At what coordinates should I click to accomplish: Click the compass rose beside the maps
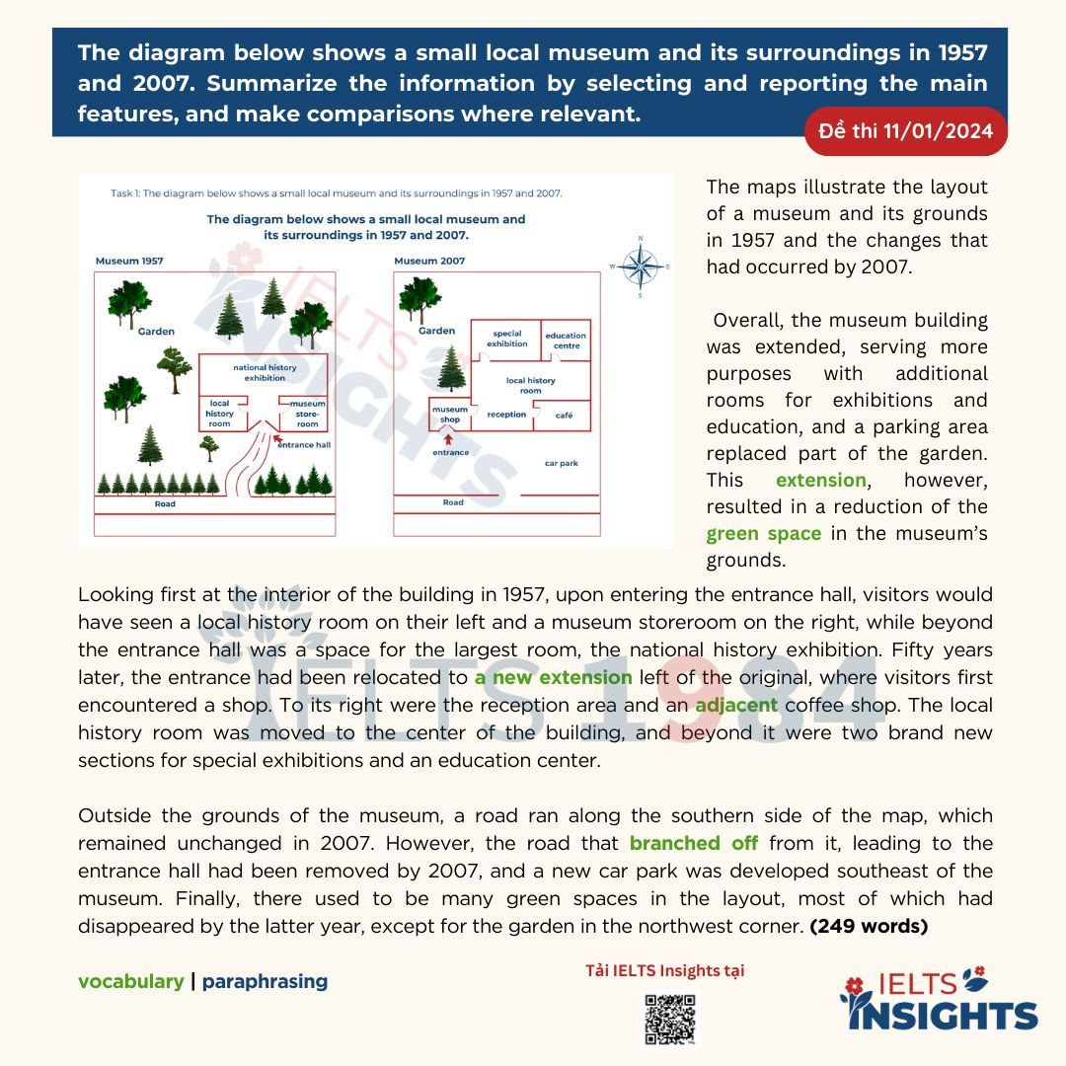[641, 266]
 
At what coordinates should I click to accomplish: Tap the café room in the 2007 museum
[564, 416]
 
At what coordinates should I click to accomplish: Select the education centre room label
[566, 341]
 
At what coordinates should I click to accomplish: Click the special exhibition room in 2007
[507, 339]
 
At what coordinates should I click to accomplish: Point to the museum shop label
[450, 415]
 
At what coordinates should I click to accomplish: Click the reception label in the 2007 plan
[506, 415]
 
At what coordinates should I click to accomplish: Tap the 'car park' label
[562, 462]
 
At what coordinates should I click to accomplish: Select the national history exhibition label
[265, 372]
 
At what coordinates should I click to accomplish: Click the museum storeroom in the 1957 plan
[307, 413]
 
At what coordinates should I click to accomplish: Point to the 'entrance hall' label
[303, 445]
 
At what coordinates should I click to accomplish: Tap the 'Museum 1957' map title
[129, 261]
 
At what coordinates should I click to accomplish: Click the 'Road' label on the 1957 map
[165, 503]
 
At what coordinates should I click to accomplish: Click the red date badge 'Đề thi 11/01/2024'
[906, 131]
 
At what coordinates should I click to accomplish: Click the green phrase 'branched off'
[695, 844]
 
